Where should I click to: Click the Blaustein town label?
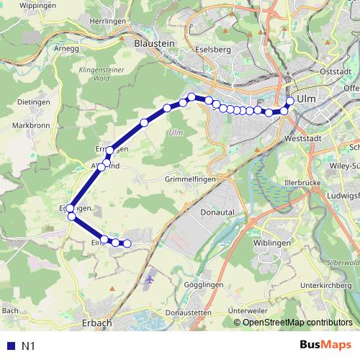coord(155,43)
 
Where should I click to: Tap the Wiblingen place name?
coord(272,243)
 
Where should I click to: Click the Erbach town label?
coord(97,323)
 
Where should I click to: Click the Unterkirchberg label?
coord(328,285)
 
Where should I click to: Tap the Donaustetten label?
coord(188,312)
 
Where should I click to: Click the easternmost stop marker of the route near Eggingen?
coord(127,243)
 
